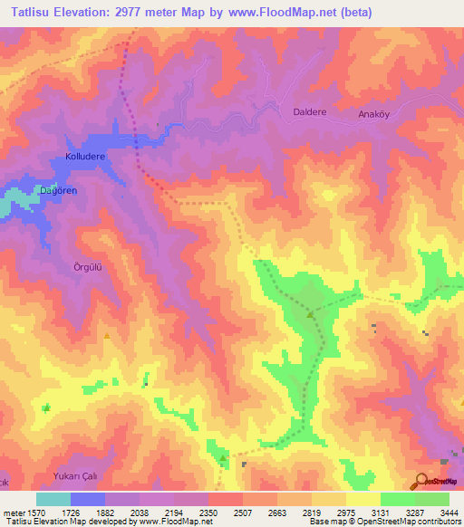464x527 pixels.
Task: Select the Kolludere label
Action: pos(86,157)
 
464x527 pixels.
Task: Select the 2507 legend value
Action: pos(242,513)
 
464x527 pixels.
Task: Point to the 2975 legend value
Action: pos(345,513)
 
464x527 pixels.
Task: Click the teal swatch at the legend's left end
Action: pos(53,499)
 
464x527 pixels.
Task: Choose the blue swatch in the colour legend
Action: pos(88,499)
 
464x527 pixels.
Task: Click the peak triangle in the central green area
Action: pos(311,315)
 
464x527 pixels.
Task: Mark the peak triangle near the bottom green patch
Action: pos(223,459)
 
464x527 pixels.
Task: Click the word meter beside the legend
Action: pos(14,513)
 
